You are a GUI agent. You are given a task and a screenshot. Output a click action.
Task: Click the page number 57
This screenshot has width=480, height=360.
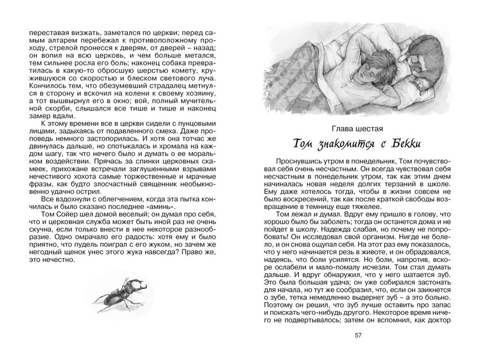tap(359, 335)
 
